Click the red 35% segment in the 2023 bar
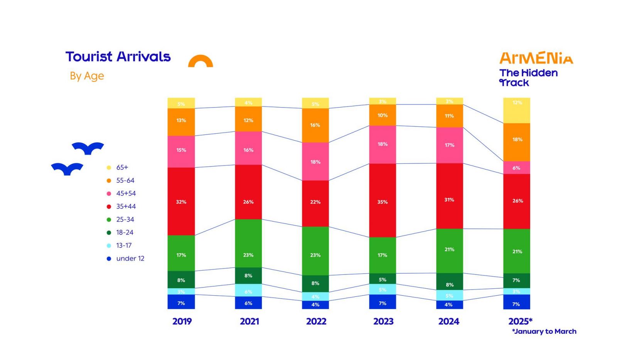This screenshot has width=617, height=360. (x=383, y=200)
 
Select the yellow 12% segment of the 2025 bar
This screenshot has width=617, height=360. (x=517, y=111)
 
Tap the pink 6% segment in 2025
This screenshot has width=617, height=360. (x=517, y=168)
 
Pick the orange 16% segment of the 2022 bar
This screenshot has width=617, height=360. (x=315, y=125)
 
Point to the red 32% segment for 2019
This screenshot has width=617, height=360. (x=181, y=201)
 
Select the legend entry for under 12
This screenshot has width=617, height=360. (x=130, y=259)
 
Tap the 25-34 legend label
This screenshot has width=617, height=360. (x=125, y=219)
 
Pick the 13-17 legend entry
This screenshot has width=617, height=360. (x=123, y=246)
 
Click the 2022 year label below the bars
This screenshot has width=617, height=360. (x=316, y=321)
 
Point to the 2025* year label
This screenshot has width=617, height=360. (x=520, y=321)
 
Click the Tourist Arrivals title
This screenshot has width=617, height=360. (x=118, y=57)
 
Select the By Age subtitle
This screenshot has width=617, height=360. (x=87, y=76)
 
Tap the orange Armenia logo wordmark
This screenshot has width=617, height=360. (x=536, y=58)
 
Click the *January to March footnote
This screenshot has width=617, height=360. (x=544, y=331)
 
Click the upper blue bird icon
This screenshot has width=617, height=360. (x=88, y=148)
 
